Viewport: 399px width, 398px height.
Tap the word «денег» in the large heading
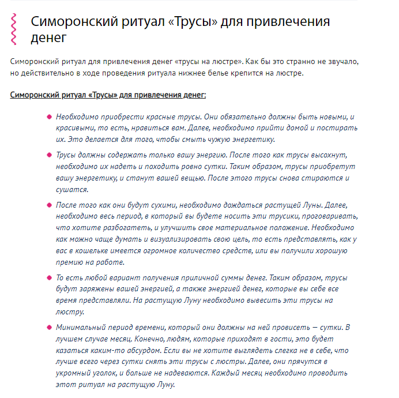(x=49, y=38)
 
